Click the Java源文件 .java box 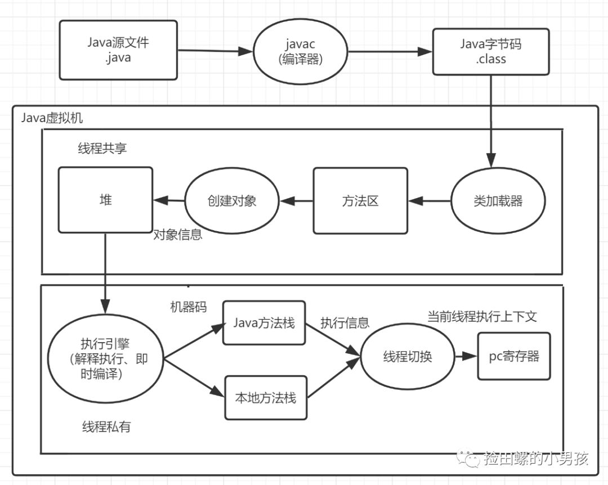pos(118,50)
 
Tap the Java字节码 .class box pos(490,51)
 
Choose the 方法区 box pos(360,200)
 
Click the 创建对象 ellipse pos(232,200)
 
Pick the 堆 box pos(105,200)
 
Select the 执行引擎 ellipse pos(106,358)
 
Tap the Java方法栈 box pos(265,323)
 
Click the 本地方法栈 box pos(266,397)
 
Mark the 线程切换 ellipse pos(408,357)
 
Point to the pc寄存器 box pos(513,356)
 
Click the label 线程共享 pos(102,148)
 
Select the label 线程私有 pos(106,426)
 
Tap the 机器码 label pos(189,307)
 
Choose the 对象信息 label pos(178,235)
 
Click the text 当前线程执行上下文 pos(482,316)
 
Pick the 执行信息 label pos(345,322)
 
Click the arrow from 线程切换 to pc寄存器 pos(466,357)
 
